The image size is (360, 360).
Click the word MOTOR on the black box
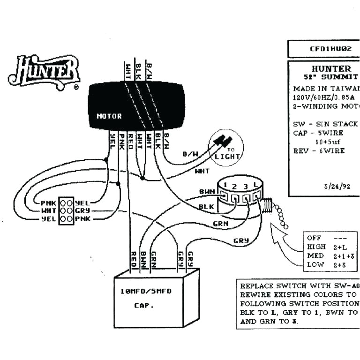pos(109,116)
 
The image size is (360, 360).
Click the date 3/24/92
pos(332,186)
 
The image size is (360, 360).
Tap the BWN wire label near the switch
pos(206,192)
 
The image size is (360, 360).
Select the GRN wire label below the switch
pos(220,224)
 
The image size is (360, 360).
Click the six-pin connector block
pos(66,211)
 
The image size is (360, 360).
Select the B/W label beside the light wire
pos(190,153)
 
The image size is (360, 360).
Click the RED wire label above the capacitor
pos(133,258)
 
